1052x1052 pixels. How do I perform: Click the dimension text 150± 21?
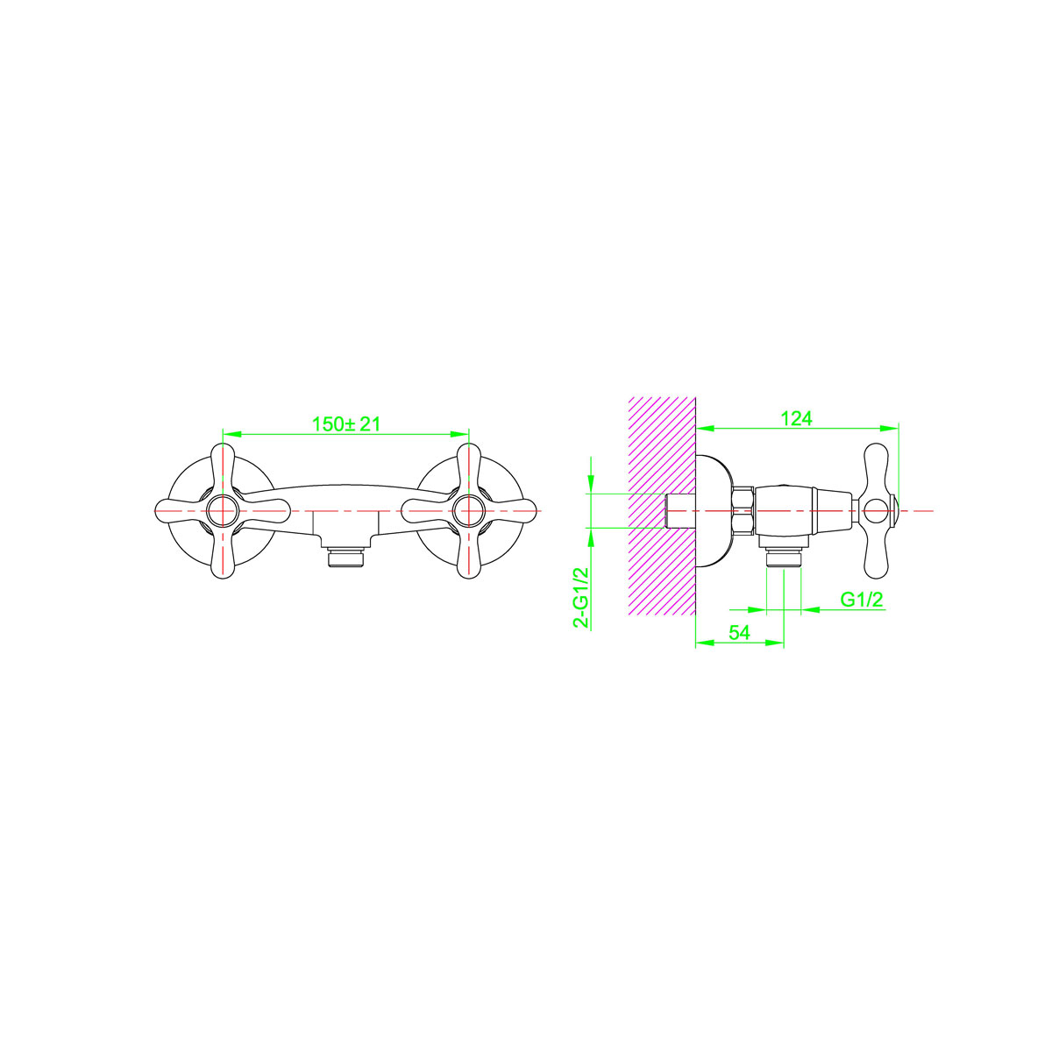point(345,424)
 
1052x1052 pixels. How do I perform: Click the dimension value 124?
point(797,418)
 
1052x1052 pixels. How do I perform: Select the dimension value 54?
point(739,633)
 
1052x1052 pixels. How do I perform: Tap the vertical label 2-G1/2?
point(581,597)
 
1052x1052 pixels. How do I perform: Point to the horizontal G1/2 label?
point(862,600)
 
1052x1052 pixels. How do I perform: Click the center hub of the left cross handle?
point(223,511)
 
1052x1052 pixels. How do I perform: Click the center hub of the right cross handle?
point(468,511)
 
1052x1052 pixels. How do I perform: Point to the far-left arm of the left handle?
point(181,511)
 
